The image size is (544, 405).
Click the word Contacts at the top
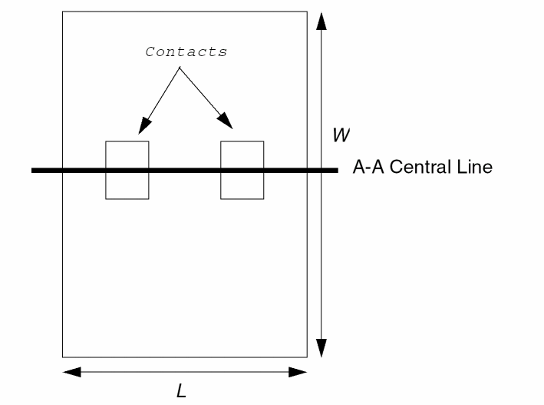coord(186,52)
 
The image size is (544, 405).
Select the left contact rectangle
coord(127,184)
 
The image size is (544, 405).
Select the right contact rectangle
coord(242,184)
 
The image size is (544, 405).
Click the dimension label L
coord(182,391)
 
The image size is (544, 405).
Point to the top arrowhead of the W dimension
coord(321,22)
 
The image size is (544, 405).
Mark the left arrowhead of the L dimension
coord(71,373)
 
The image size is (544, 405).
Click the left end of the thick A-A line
coord(34,170)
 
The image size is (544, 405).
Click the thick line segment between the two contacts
coord(185,170)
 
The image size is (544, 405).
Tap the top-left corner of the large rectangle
coord(62,12)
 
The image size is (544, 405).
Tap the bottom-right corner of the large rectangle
coord(307,357)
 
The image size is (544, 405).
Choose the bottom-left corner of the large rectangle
coord(62,357)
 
